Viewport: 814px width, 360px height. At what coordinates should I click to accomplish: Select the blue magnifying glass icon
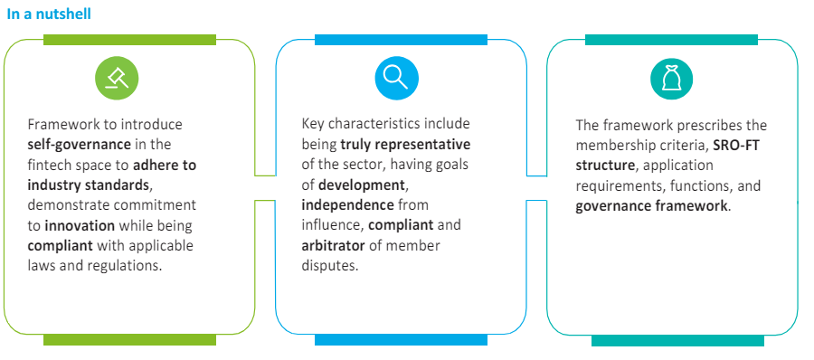point(394,80)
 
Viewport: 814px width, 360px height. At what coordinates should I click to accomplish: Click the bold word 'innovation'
point(80,225)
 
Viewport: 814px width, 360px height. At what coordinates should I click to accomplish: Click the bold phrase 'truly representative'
point(405,144)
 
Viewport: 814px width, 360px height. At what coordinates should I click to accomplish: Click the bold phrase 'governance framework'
point(650,205)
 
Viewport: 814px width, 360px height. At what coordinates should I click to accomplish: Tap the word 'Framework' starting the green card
point(62,124)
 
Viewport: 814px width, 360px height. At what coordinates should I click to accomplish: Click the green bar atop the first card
point(129,40)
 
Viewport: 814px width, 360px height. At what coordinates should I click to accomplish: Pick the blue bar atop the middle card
point(401,40)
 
